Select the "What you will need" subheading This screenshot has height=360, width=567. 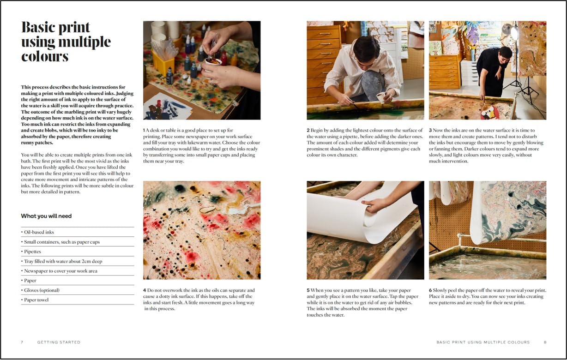[46, 216]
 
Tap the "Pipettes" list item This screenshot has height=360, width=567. [32, 252]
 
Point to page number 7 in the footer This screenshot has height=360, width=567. [22, 342]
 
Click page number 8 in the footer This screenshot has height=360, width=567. [545, 342]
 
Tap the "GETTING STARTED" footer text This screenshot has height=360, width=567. [59, 342]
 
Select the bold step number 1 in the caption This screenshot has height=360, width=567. [144, 130]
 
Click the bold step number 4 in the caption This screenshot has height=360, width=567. [145, 290]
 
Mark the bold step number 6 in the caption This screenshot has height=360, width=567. [430, 290]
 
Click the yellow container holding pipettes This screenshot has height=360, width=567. [163, 63]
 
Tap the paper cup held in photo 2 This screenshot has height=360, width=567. [380, 97]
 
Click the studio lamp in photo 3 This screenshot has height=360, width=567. [514, 32]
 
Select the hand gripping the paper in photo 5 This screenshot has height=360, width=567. [374, 204]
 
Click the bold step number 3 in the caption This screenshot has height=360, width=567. [430, 130]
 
